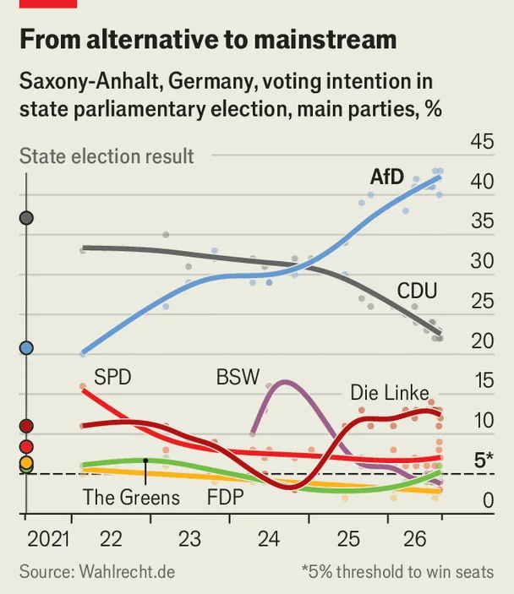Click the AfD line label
point(386,177)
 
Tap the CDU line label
point(417,291)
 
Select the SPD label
point(112,378)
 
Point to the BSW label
point(238,377)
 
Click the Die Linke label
point(390,392)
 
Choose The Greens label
point(131,497)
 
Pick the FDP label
point(225,497)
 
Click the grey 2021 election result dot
point(26,218)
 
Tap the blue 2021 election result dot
point(26,347)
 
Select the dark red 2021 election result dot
point(26,426)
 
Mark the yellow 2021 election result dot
point(26,462)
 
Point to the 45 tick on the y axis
point(482,142)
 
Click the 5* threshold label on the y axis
point(484,460)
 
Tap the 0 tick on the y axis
point(489,500)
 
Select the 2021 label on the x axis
point(48,539)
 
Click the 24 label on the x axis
point(269,539)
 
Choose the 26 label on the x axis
point(415,539)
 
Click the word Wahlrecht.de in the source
point(127,572)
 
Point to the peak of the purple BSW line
point(284,381)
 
